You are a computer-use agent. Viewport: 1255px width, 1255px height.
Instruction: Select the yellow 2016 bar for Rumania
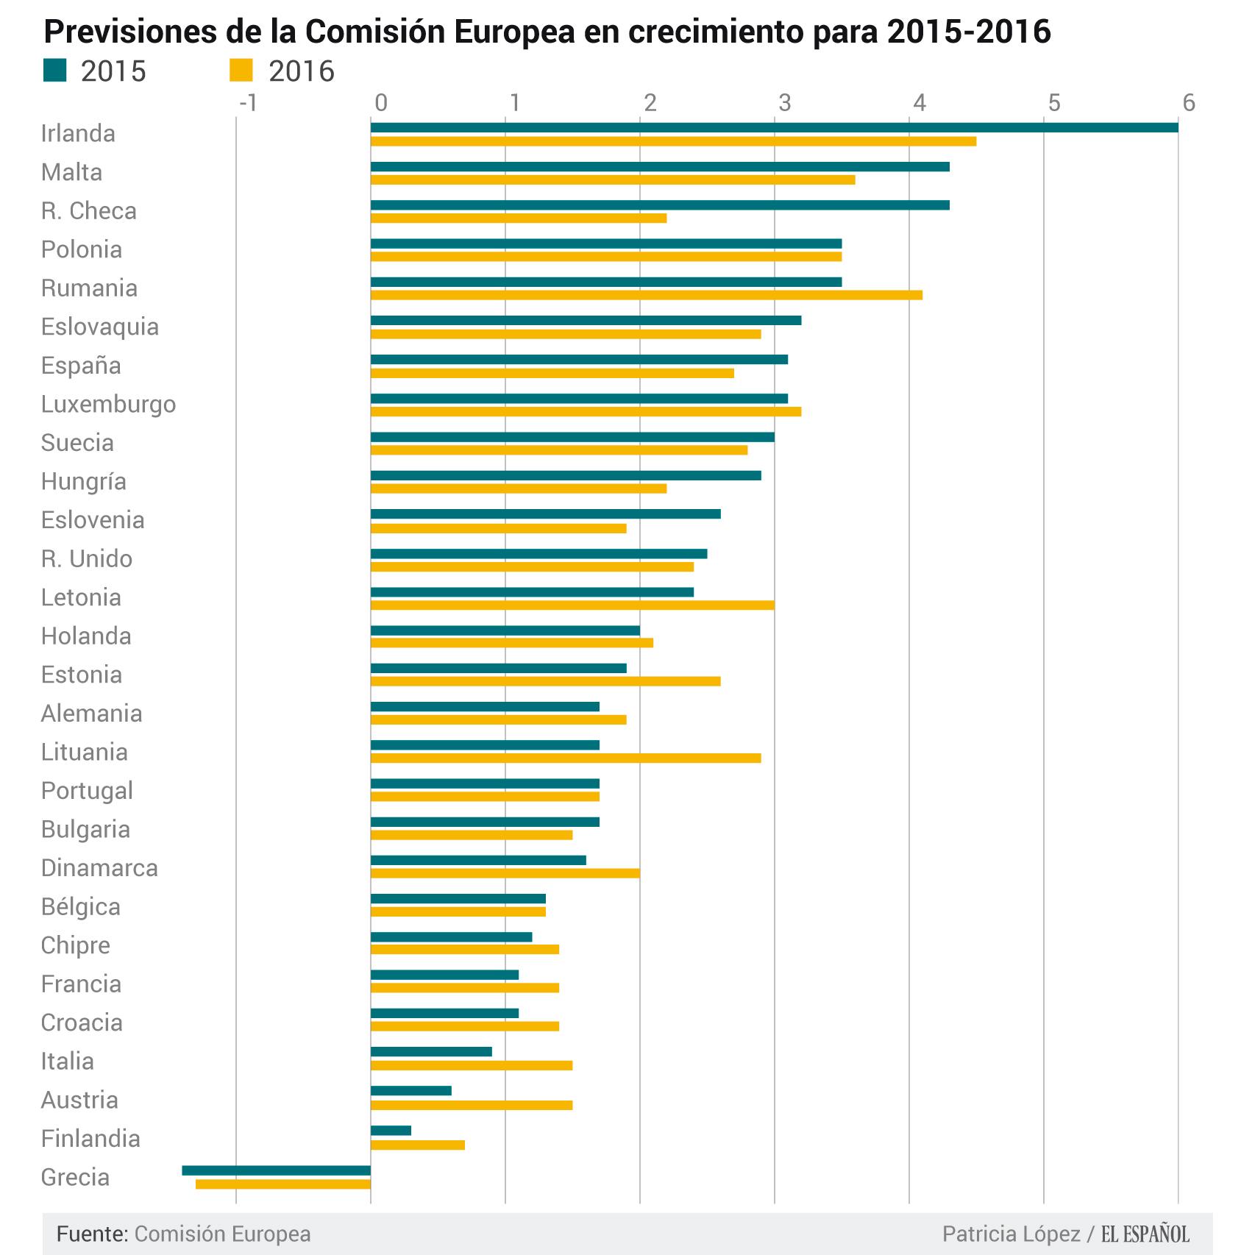646,295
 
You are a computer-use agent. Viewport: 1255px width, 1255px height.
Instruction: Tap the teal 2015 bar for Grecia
277,1170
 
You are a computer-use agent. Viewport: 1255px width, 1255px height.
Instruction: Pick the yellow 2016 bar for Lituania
565,758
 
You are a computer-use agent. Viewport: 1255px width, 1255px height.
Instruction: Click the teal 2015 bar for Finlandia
391,1131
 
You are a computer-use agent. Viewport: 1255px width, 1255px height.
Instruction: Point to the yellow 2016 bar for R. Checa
518,218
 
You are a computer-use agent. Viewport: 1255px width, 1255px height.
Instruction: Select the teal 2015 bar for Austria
410,1091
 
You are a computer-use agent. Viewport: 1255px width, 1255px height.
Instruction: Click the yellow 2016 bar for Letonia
572,605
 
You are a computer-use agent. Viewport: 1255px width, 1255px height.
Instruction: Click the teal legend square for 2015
55,71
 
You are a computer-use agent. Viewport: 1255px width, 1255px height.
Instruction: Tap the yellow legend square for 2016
241,71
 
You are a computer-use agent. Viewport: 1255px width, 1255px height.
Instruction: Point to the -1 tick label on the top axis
248,102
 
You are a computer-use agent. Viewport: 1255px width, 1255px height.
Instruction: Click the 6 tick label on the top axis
1188,102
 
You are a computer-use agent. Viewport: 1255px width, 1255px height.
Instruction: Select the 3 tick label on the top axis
784,102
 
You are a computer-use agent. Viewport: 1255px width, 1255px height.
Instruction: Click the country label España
81,365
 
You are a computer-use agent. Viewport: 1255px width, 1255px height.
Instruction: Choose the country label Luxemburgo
108,404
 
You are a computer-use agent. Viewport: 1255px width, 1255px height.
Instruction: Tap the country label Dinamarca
99,867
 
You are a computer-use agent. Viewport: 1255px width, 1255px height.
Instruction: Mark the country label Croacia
82,1022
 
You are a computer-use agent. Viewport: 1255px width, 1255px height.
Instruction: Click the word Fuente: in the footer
93,1234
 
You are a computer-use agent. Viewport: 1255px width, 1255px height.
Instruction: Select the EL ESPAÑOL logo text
1145,1234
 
